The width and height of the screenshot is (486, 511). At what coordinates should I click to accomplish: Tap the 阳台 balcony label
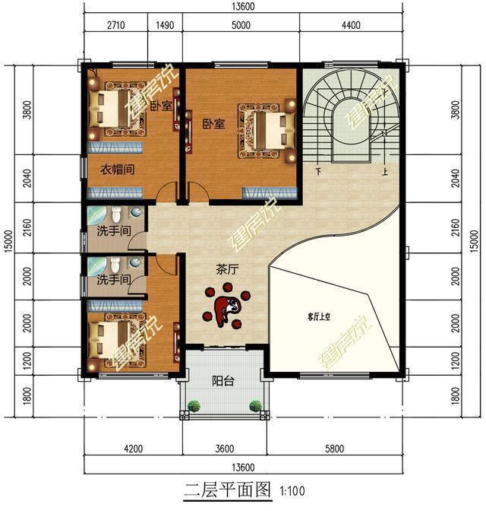[x=222, y=381]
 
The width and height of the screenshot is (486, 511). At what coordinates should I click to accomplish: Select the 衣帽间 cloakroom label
[x=118, y=170]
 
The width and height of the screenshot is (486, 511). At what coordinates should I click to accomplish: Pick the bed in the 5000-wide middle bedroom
[x=264, y=125]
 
